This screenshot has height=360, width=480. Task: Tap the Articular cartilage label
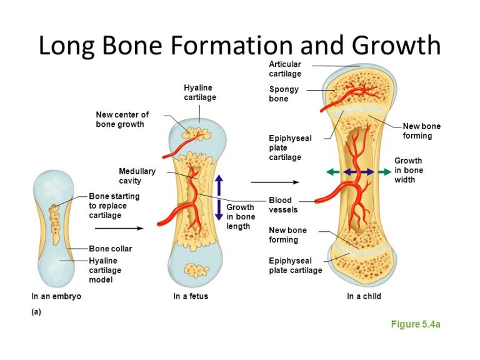(x=285, y=69)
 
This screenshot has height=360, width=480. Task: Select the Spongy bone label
(x=284, y=94)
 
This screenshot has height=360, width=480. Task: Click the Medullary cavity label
(x=137, y=176)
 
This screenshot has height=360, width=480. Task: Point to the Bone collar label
(x=111, y=249)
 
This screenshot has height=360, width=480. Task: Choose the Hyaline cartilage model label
(x=105, y=270)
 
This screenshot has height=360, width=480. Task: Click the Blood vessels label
(x=283, y=205)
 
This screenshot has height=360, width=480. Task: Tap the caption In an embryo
(x=56, y=296)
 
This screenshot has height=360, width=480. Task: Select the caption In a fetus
(x=191, y=296)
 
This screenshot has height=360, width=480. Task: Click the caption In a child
(x=364, y=296)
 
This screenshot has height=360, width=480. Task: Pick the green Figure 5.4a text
(x=416, y=324)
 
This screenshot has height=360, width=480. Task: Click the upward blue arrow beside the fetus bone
(x=219, y=185)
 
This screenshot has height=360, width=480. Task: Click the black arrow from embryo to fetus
(x=119, y=228)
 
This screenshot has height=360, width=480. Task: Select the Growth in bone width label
(x=409, y=170)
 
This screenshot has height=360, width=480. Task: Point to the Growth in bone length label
(x=241, y=217)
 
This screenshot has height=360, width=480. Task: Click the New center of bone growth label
(x=122, y=119)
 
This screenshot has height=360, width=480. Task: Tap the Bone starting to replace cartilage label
(x=114, y=206)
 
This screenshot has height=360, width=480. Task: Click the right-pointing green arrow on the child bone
(x=384, y=172)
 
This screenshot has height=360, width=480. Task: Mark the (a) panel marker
(x=36, y=312)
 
